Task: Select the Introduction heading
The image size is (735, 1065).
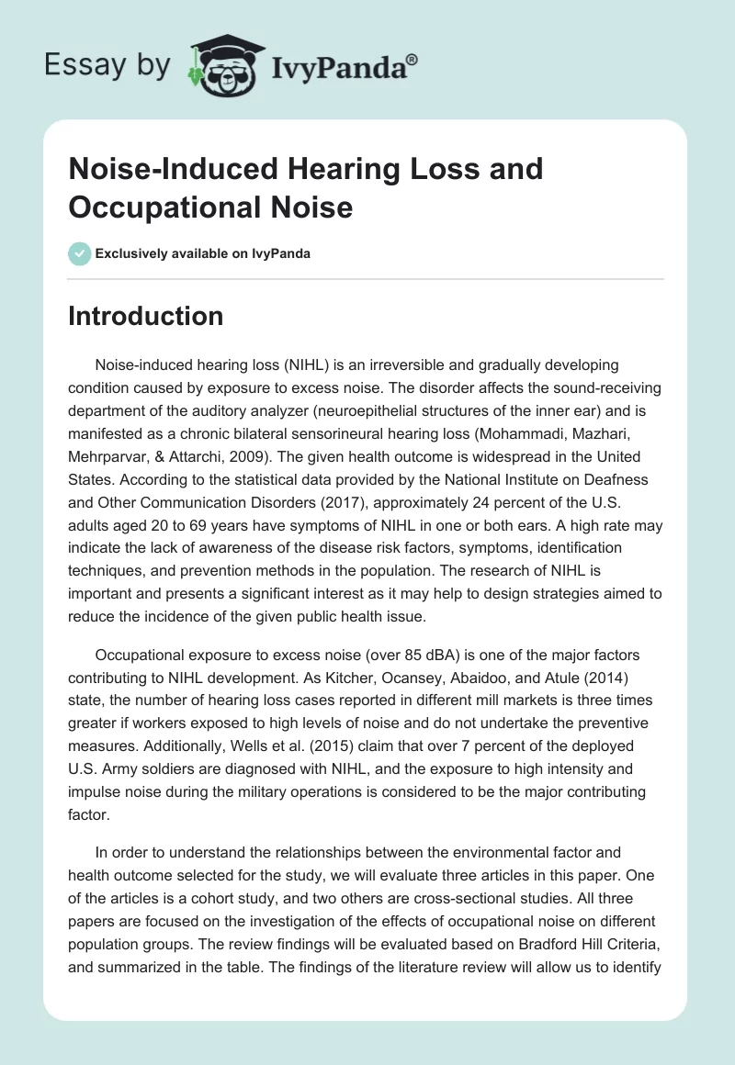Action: click(x=146, y=316)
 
